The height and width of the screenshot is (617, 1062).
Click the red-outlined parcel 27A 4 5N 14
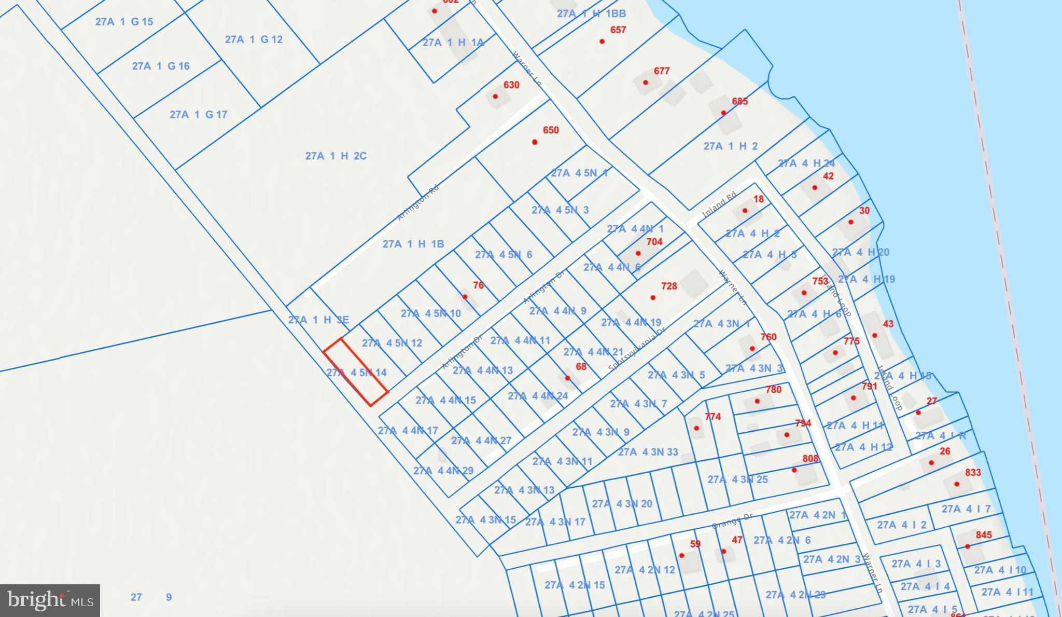pyautogui.click(x=356, y=372)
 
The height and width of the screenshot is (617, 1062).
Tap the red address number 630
pyautogui.click(x=511, y=85)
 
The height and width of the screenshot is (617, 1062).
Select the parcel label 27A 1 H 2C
pyautogui.click(x=336, y=156)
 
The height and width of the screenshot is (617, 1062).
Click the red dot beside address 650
pyautogui.click(x=535, y=142)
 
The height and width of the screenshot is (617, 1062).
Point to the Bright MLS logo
pyautogui.click(x=50, y=600)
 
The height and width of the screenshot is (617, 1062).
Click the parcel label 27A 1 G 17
pyautogui.click(x=199, y=115)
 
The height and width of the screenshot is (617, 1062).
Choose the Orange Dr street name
pyautogui.click(x=732, y=520)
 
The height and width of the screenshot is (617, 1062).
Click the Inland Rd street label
pyautogui.click(x=719, y=206)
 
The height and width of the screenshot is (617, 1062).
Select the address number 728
pyautogui.click(x=669, y=286)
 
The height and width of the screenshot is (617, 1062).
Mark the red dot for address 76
pyautogui.click(x=465, y=297)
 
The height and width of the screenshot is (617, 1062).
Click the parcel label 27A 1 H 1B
pyautogui.click(x=413, y=244)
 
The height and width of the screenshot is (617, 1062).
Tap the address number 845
pyautogui.click(x=984, y=535)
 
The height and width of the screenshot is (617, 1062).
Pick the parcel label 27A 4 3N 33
pyautogui.click(x=648, y=452)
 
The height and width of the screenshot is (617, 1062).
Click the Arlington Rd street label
pyautogui.click(x=418, y=203)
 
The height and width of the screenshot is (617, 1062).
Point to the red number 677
pyautogui.click(x=662, y=71)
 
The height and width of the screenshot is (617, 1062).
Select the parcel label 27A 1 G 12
pyautogui.click(x=254, y=39)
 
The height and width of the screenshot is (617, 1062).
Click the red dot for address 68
pyautogui.click(x=567, y=378)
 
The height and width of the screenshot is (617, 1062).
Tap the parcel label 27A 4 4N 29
pyautogui.click(x=443, y=471)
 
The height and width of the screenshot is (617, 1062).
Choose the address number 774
pyautogui.click(x=713, y=416)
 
